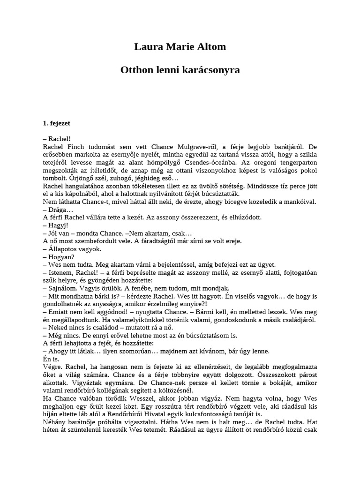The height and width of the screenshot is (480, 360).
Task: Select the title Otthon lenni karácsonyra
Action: (180, 70)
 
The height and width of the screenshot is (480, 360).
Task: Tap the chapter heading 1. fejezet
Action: (57, 124)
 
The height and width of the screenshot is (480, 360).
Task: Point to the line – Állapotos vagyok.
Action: (72, 249)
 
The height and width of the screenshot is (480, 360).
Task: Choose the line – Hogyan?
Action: (59, 257)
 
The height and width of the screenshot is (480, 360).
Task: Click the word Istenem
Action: (62, 273)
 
